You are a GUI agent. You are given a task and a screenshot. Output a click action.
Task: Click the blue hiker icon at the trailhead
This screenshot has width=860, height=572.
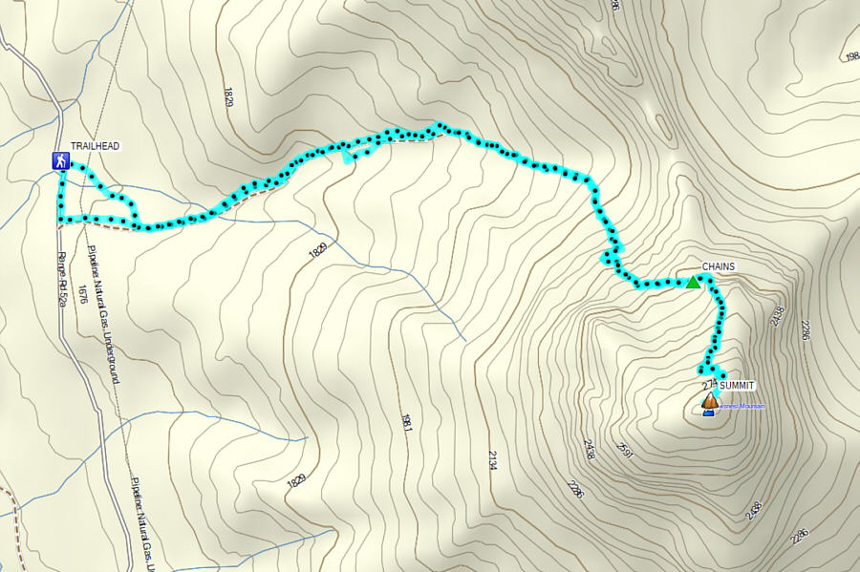pyautogui.click(x=61, y=161)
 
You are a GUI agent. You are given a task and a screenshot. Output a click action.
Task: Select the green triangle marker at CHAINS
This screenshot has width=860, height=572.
pyautogui.click(x=693, y=282)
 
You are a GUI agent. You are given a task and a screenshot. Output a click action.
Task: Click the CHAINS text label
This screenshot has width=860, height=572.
pyautogui.click(x=719, y=266)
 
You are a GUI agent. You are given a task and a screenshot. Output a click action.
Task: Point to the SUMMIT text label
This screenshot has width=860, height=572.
pyautogui.click(x=737, y=385)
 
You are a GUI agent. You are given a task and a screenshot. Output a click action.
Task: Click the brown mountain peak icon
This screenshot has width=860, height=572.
pyautogui.click(x=709, y=401)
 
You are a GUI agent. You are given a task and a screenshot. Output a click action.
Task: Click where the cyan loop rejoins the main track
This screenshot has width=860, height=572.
pyautogui.click(x=138, y=226)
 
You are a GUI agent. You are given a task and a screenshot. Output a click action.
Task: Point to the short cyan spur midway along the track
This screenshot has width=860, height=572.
pyautogui.click(x=346, y=158)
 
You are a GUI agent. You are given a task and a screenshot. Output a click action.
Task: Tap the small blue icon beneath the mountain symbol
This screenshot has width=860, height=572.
pyautogui.click(x=708, y=413)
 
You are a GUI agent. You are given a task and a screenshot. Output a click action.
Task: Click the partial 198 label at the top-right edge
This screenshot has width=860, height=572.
pyautogui.click(x=850, y=56)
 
